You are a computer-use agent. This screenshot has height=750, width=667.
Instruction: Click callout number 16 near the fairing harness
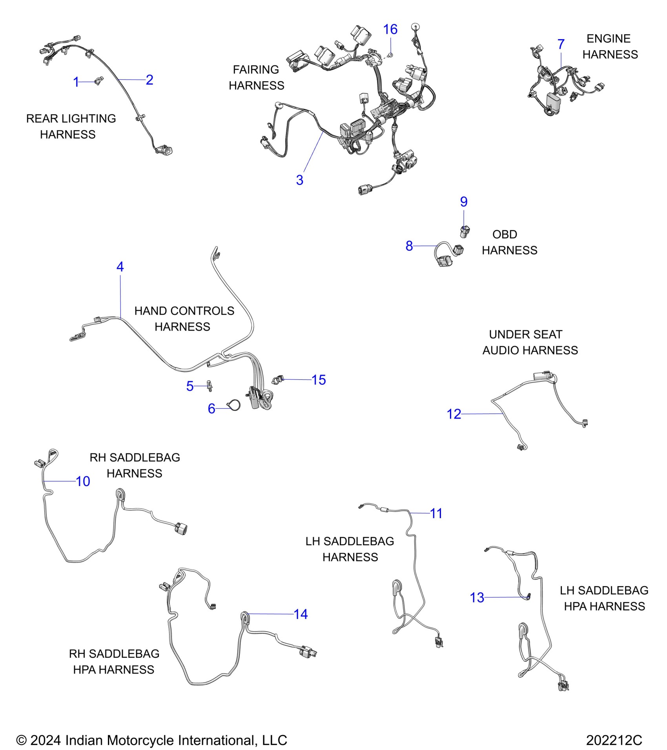click(390, 29)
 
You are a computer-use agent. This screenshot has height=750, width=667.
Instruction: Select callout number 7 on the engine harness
click(561, 44)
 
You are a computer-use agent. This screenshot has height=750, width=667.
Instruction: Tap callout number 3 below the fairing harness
click(299, 180)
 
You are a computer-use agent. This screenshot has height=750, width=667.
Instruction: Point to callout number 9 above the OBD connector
click(464, 202)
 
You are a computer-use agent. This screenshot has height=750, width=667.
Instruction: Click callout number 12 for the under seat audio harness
click(454, 414)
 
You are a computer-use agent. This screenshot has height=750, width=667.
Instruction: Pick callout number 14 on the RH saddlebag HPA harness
click(301, 614)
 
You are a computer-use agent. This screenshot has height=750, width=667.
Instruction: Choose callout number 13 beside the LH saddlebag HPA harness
click(477, 598)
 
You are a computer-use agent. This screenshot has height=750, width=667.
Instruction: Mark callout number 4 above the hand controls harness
click(120, 267)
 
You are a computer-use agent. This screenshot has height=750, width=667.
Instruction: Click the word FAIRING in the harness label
click(255, 69)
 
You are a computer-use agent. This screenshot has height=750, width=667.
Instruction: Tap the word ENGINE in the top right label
click(608, 38)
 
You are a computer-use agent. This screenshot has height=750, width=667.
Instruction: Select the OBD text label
click(505, 234)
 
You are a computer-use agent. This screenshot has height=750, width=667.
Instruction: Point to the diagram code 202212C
click(614, 740)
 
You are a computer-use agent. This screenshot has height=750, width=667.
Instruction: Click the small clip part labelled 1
click(98, 81)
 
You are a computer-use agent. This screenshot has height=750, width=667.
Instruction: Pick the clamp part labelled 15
click(278, 380)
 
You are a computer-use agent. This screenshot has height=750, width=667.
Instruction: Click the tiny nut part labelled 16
click(390, 55)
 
